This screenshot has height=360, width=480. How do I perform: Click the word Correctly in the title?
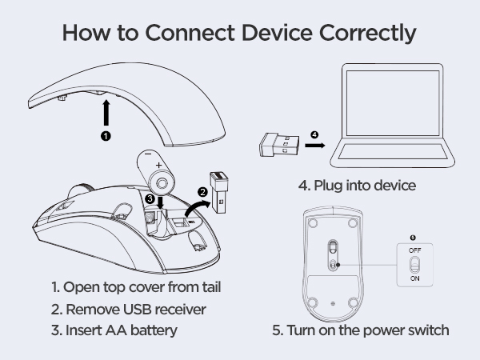368,33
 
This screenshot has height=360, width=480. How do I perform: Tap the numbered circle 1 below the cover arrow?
106,136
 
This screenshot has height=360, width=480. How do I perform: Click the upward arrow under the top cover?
106,112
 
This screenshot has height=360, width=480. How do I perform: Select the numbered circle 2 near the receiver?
202,192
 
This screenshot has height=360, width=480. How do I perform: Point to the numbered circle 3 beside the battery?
150,198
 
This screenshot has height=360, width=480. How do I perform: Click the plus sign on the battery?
158,166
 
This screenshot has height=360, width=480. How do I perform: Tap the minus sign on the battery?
148,153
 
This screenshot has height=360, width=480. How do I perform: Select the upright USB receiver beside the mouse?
219,193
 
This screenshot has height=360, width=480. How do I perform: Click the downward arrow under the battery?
160,202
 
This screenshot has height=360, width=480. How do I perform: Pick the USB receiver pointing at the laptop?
279,145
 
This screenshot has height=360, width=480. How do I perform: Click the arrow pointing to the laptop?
314,146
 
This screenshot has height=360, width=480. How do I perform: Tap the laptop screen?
393,103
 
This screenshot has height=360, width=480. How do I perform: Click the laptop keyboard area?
393,151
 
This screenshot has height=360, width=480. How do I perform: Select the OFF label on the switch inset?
414,250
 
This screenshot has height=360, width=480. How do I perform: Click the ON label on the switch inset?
414,278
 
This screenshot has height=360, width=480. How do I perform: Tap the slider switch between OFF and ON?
414,265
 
